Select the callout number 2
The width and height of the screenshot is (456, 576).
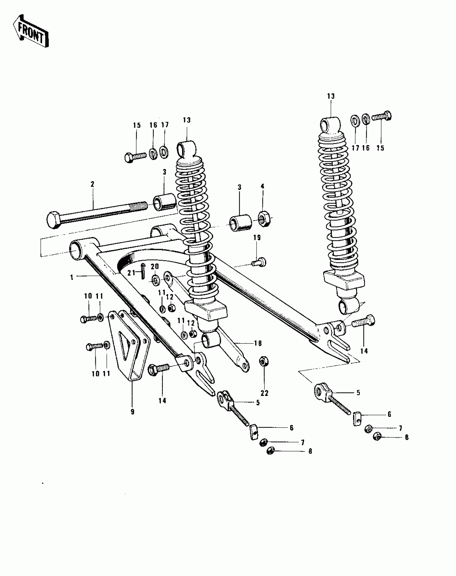[x=93, y=184]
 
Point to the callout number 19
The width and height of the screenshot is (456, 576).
[x=257, y=238]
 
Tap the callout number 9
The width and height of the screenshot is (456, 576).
[x=133, y=412]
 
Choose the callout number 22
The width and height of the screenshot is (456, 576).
[x=264, y=393]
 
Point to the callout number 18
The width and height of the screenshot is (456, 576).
[x=258, y=343]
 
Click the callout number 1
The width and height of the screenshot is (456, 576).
[x=72, y=277]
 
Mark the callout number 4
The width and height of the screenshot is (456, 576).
[x=262, y=186]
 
